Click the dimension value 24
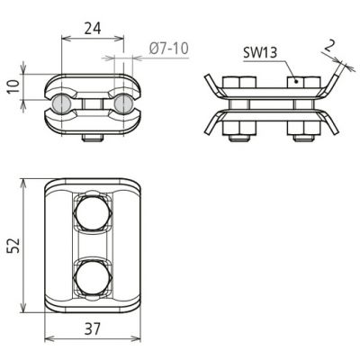click(93, 29)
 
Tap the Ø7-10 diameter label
click(169, 49)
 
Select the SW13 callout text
click(260, 53)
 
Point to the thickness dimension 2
click(328, 46)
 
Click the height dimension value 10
click(13, 86)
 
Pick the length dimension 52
click(13, 246)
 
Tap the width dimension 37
click(93, 329)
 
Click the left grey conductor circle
click(61, 103)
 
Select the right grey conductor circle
click(123, 103)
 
